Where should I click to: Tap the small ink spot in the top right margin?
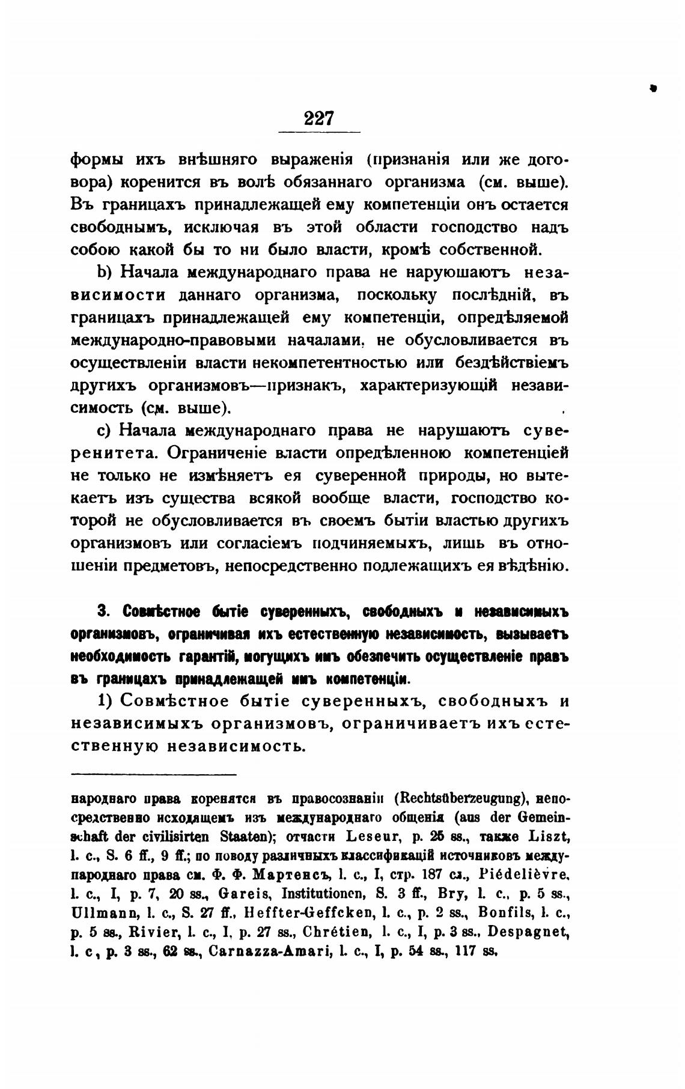[653, 88]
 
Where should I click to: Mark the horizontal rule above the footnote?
[154, 775]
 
